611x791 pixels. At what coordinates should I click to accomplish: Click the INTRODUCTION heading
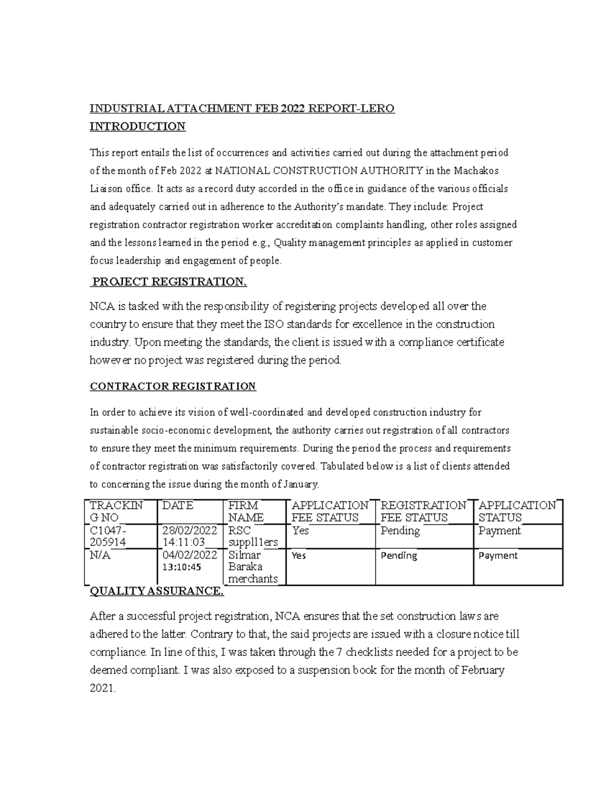click(137, 126)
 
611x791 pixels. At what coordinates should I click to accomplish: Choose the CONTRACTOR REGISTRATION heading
click(173, 387)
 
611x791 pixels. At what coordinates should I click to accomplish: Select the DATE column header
click(178, 506)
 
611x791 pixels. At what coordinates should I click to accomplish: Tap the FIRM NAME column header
click(246, 511)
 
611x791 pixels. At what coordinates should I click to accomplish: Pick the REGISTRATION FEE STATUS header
click(423, 511)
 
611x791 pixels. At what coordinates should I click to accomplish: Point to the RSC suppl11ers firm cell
click(253, 536)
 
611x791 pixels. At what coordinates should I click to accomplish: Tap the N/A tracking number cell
click(100, 555)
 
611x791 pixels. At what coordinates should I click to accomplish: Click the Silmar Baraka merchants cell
click(253, 566)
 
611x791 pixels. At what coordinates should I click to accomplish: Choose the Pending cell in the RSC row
click(400, 531)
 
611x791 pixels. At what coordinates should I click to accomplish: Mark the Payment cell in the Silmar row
click(498, 556)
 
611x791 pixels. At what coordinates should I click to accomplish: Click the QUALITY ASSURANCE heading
click(156, 591)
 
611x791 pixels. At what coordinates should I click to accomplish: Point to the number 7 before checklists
click(340, 652)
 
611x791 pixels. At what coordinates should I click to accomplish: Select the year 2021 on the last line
click(102, 689)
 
